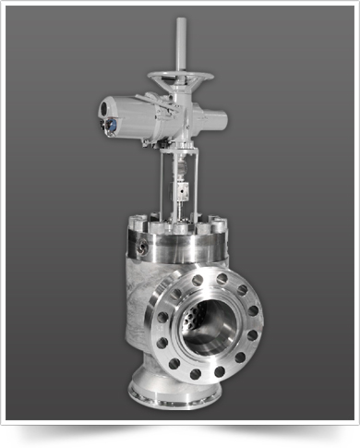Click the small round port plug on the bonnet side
(142, 248)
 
